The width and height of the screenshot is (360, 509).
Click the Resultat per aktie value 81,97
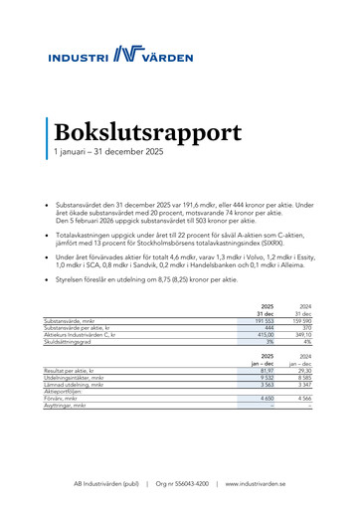click(263, 371)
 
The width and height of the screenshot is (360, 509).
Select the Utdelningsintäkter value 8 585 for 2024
click(301, 378)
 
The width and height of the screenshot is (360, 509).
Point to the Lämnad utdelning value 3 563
click(264, 385)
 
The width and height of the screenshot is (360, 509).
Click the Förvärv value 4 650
click(264, 399)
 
